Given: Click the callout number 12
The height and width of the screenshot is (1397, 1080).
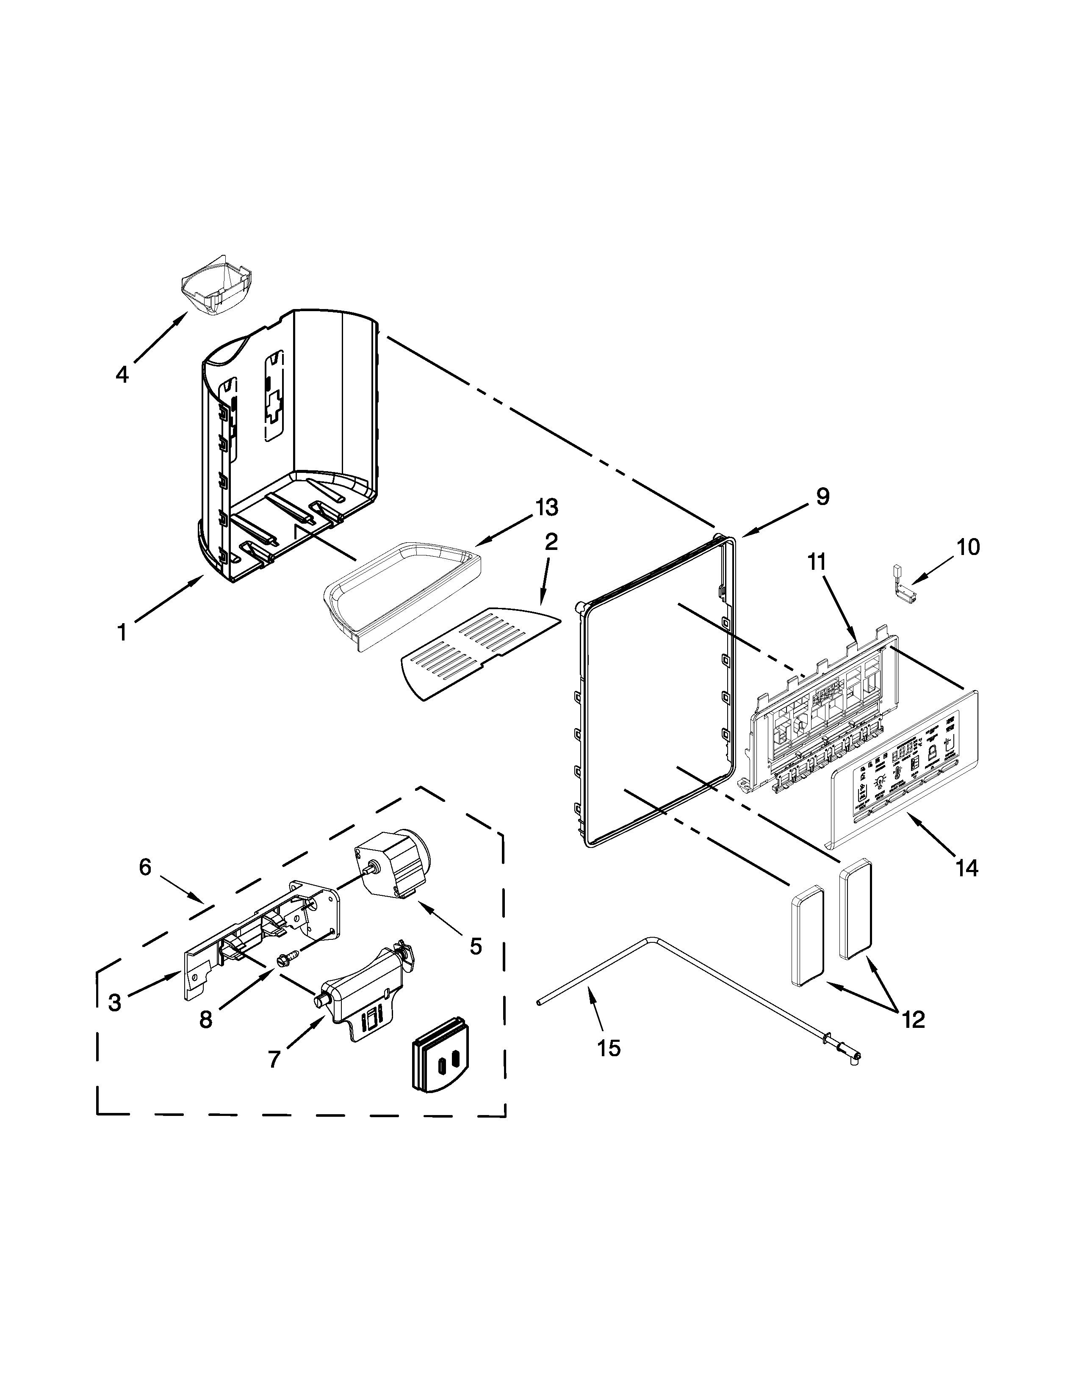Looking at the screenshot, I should pyautogui.click(x=913, y=1020).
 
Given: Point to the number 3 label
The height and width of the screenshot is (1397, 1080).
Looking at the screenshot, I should pyautogui.click(x=114, y=1002).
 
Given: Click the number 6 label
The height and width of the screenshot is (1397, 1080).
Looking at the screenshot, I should pyautogui.click(x=145, y=867).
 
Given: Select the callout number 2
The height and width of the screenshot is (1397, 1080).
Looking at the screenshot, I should pyautogui.click(x=551, y=542).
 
